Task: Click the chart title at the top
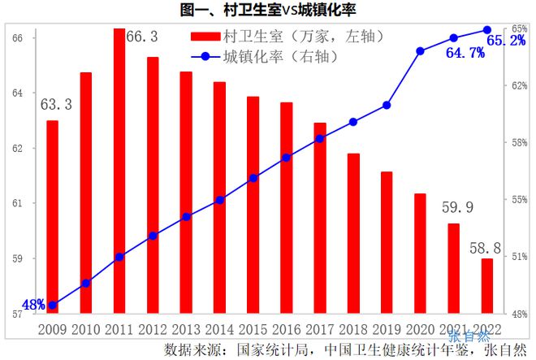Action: pyautogui.click(x=267, y=10)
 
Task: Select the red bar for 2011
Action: pyautogui.click(x=119, y=171)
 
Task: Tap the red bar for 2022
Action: pyautogui.click(x=486, y=285)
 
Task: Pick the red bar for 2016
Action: pyautogui.click(x=286, y=207)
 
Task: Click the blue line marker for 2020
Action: pyautogui.click(x=420, y=51)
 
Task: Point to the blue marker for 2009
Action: pyautogui.click(x=53, y=306)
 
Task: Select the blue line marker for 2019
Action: pyautogui.click(x=387, y=105)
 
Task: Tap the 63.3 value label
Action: pyautogui.click(x=56, y=104)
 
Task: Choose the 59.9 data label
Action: pyautogui.click(x=457, y=207)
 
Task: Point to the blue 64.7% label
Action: pyautogui.click(x=465, y=53)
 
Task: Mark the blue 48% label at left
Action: pyautogui.click(x=32, y=305)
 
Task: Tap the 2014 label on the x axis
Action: pyautogui.click(x=219, y=328)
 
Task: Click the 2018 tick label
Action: pyautogui.click(x=353, y=328)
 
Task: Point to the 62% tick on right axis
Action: pyautogui.click(x=517, y=86)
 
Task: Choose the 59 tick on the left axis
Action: pyautogui.click(x=19, y=258)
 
